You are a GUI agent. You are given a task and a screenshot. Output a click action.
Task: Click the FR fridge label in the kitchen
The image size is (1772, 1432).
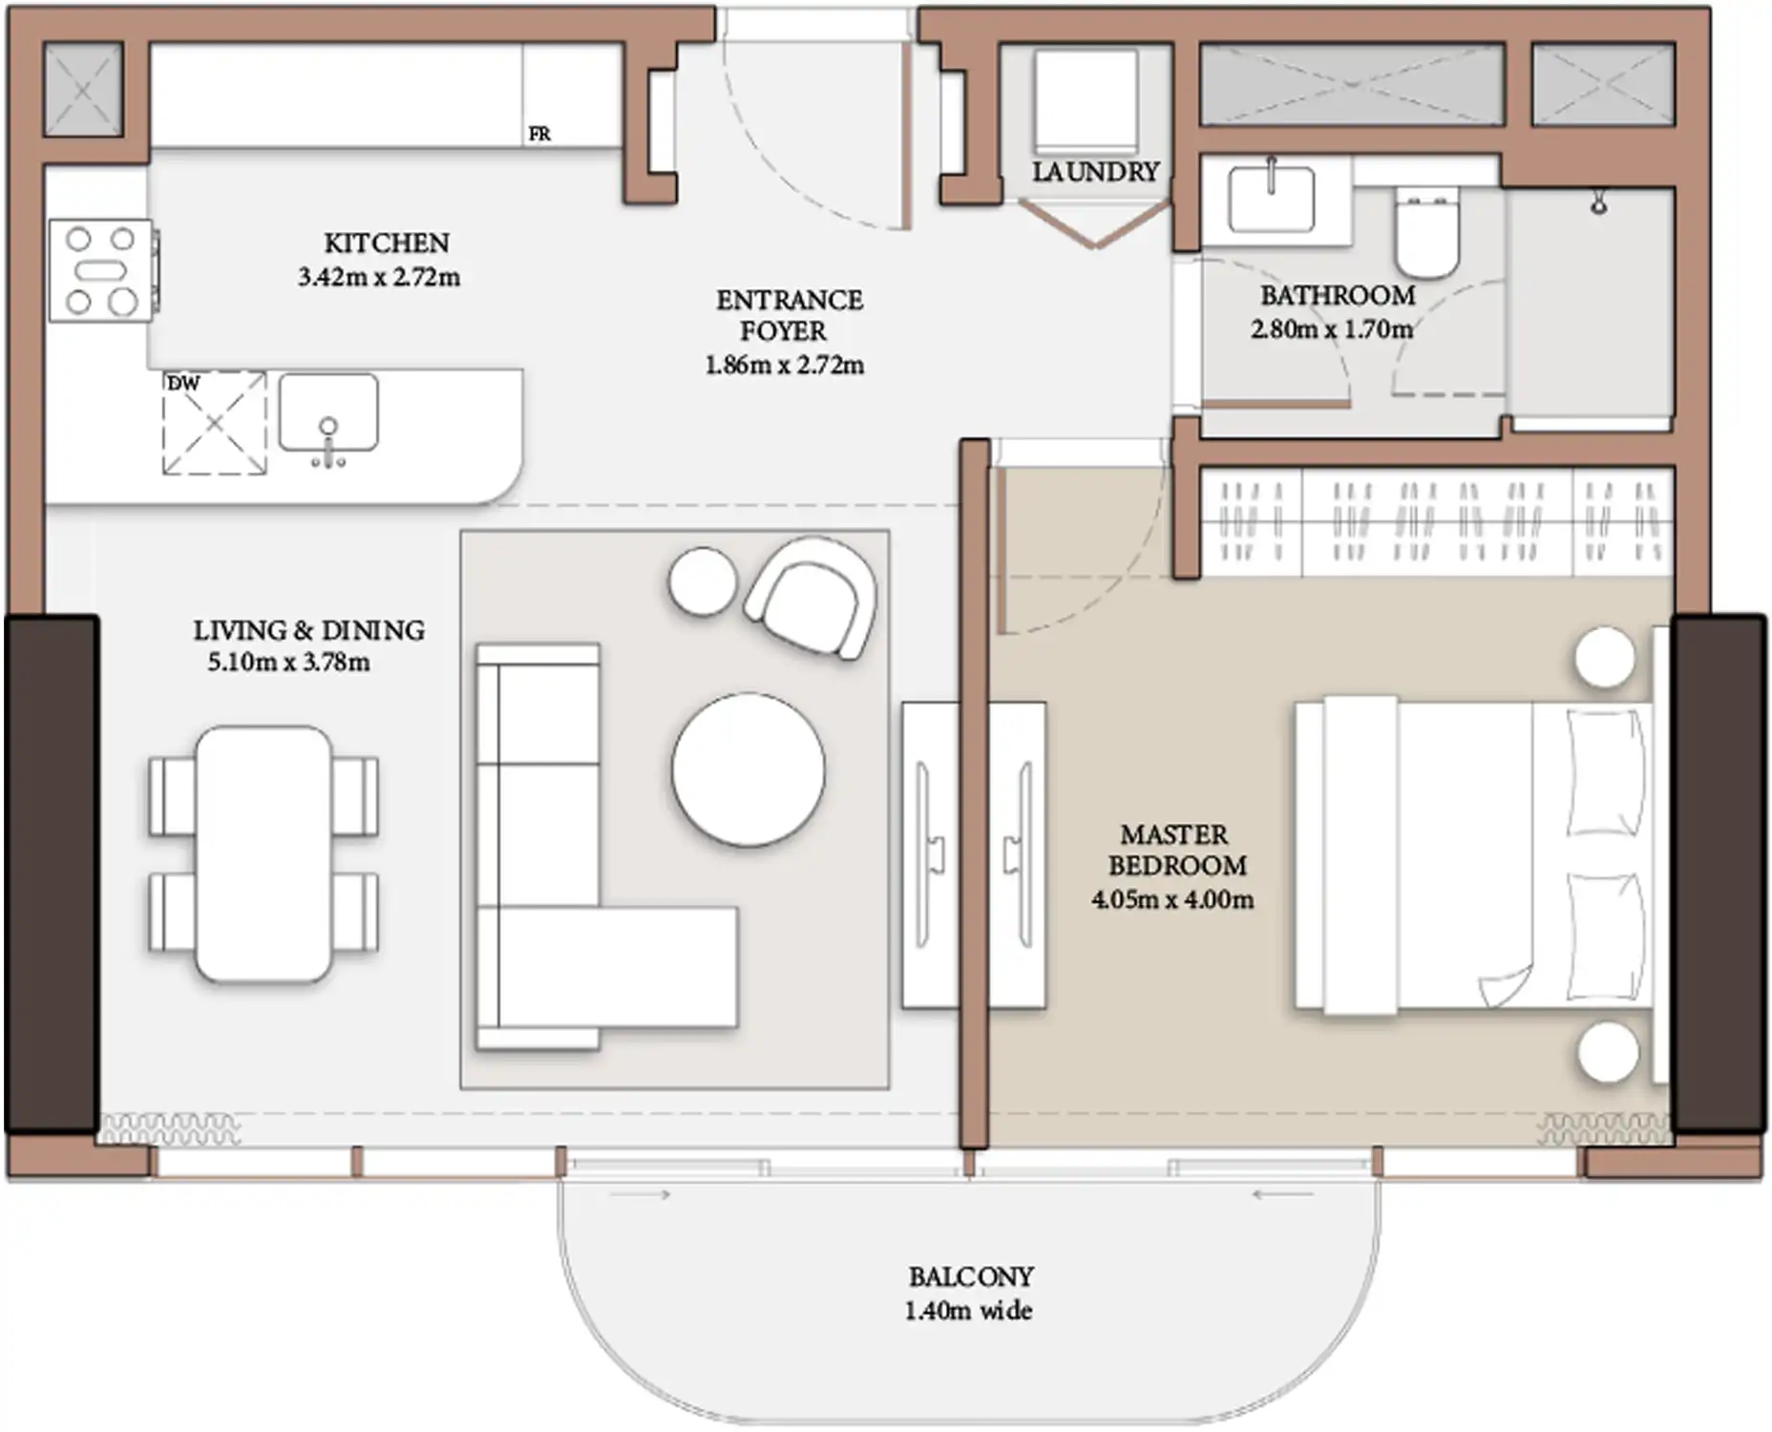(539, 135)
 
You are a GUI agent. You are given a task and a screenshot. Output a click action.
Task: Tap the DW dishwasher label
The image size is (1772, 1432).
(183, 384)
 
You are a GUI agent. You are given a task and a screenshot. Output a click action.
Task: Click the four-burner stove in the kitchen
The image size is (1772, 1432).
(101, 271)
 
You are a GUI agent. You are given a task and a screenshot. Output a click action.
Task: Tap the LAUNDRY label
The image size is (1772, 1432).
(1095, 172)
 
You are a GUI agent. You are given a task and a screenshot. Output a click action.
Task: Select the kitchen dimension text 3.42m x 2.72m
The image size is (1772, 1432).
(379, 278)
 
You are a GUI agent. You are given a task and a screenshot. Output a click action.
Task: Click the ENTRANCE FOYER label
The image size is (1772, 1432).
(789, 315)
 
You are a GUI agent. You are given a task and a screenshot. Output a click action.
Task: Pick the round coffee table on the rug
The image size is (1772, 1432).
(749, 769)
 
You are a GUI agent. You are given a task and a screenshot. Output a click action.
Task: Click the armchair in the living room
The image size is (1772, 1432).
(812, 597)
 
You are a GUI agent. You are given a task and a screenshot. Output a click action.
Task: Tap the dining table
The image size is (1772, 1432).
(264, 854)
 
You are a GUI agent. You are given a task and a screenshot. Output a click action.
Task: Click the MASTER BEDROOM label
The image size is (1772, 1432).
(1176, 850)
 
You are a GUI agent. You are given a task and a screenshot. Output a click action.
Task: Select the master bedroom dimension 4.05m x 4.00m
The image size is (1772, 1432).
(1173, 899)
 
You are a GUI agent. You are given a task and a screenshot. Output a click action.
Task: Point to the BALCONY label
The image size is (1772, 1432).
(971, 1276)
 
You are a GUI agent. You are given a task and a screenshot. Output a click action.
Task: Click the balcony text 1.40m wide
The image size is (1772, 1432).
(968, 1310)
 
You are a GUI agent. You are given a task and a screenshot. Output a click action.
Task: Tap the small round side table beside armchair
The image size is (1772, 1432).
(703, 581)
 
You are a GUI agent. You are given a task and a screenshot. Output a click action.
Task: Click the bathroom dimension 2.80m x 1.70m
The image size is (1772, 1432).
(1332, 330)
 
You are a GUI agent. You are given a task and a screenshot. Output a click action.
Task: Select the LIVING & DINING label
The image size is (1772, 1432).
(309, 630)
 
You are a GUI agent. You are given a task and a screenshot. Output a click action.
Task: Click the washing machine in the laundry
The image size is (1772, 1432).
(1086, 101)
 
